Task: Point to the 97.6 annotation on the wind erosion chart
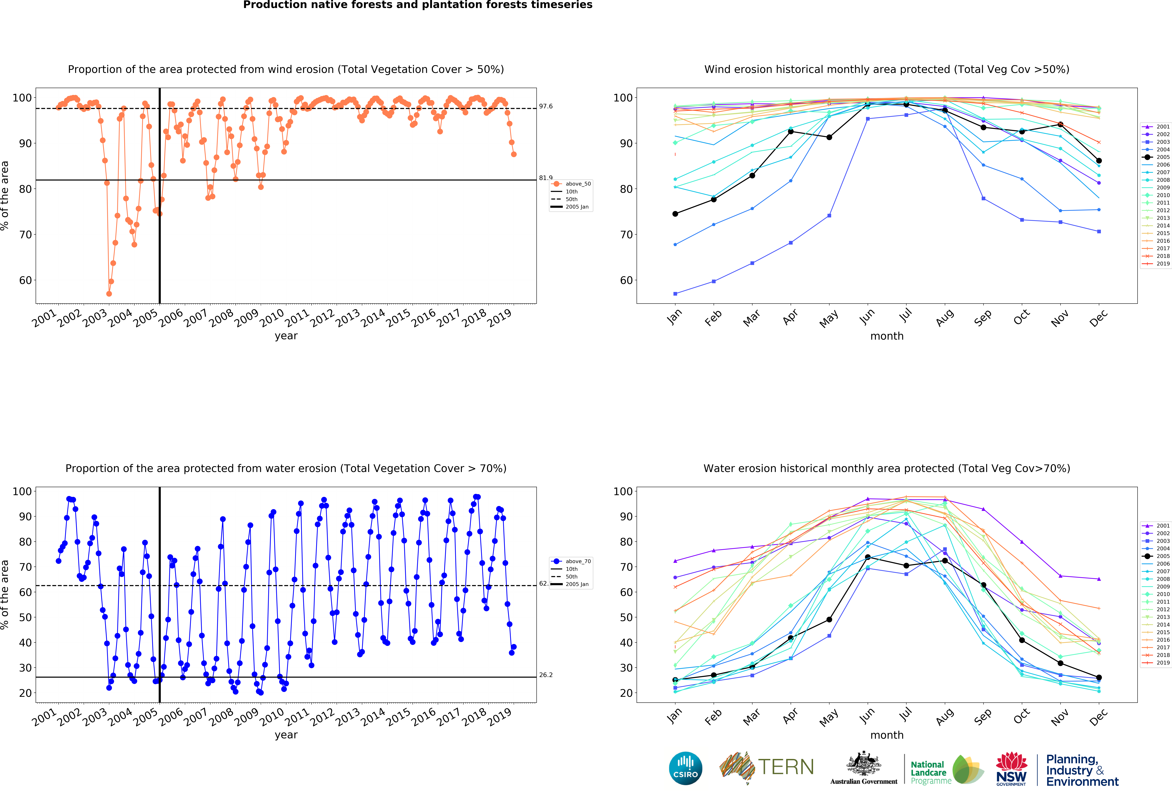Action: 546,106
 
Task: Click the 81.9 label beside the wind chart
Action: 546,178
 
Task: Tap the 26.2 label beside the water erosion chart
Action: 546,675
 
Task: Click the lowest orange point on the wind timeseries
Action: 109,294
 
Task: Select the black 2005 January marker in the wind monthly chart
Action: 675,214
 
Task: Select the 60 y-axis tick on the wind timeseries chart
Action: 25,280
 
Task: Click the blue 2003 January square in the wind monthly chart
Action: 675,294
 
